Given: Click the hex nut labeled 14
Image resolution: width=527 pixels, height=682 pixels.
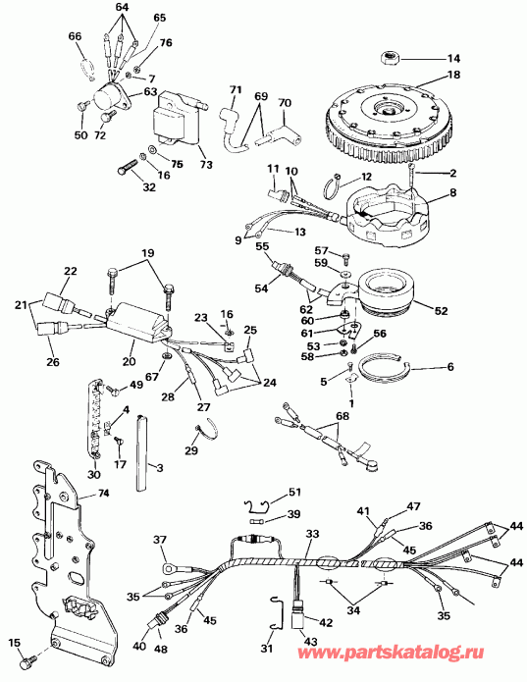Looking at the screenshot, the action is coord(388,58).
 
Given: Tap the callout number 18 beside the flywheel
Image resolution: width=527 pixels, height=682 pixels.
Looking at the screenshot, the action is coord(452,75).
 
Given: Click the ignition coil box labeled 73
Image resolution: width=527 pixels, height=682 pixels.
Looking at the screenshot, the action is coord(180,119).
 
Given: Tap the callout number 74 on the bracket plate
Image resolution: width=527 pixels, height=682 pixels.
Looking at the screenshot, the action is coord(103,493).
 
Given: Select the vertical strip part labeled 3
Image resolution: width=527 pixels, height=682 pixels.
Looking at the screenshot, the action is coord(142,453).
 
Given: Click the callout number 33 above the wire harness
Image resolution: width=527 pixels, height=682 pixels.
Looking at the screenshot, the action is coord(312,534).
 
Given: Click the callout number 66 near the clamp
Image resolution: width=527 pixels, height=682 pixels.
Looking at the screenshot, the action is coord(76,35).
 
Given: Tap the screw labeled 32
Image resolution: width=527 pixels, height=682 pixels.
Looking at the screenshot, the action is coord(127,167).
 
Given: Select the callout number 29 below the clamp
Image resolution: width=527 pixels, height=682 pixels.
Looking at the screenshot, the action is coord(191,450).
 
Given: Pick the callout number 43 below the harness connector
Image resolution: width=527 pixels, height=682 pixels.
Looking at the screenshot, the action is coord(311,641).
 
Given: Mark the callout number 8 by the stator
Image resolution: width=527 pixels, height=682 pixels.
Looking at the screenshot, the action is coord(453,191).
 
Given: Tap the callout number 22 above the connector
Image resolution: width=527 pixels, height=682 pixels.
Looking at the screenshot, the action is coord(70,271).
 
